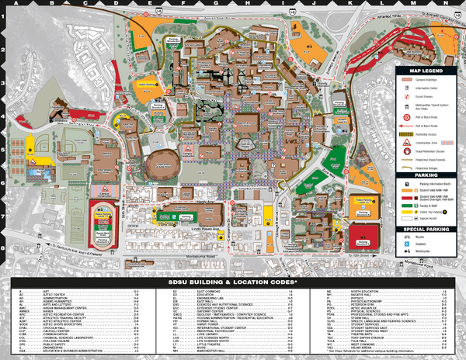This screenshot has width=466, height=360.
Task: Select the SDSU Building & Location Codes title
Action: [232, 282]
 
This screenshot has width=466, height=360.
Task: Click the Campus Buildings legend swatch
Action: [409, 79]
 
